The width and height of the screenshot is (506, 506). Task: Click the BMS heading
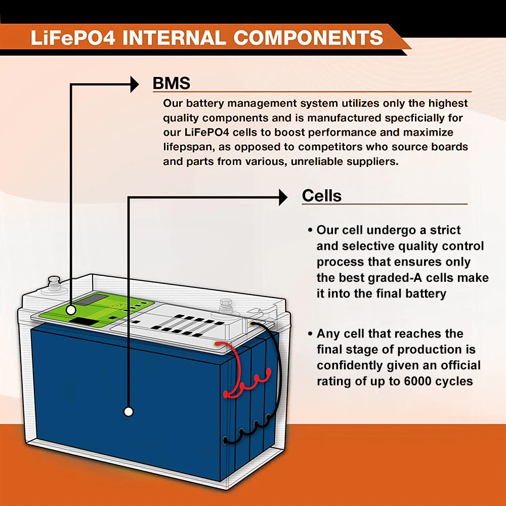[x=172, y=83]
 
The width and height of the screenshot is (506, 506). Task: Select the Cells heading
[x=321, y=196]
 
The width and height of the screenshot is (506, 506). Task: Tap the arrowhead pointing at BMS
[x=134, y=84]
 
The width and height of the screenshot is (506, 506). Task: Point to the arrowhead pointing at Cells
[x=283, y=197]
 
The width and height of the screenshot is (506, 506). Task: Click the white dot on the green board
[x=71, y=309]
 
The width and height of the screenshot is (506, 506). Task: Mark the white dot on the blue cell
[x=129, y=411]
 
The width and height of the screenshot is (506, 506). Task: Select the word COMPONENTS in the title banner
[x=308, y=38]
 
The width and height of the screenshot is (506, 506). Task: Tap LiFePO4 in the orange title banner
[x=73, y=38]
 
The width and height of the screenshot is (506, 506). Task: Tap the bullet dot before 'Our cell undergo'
[x=310, y=230]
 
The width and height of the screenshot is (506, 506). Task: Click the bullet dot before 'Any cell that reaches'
[x=310, y=334]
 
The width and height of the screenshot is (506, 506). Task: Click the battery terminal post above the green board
[x=53, y=282]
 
